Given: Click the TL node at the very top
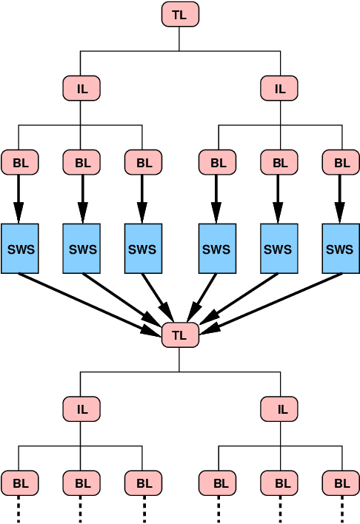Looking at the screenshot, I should (180, 14).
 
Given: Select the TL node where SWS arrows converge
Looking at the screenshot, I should (180, 335).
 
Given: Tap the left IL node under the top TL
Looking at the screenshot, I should (81, 88).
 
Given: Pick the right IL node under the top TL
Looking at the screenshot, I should (279, 88).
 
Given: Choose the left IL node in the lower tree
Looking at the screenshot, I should (81, 408).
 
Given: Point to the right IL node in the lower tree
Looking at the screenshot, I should (279, 408).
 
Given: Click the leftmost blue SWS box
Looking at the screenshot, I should (20, 249).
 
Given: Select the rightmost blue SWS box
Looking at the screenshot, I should (341, 249).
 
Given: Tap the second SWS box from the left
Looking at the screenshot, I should (81, 249).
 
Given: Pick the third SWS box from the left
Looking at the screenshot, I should (143, 249).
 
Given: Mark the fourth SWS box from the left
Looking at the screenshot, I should (217, 249).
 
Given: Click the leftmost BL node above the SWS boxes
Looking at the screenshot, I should (20, 162).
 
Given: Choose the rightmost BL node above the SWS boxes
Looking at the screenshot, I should (341, 162).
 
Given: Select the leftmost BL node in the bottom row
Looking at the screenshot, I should (20, 483).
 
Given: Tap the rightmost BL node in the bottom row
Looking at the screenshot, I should (341, 483).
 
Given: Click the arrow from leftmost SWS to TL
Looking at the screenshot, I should (89, 299).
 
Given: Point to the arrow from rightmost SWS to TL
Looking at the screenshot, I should (274, 300).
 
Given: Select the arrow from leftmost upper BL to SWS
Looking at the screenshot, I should (20, 196).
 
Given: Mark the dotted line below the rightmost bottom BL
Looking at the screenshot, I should (341, 509).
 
